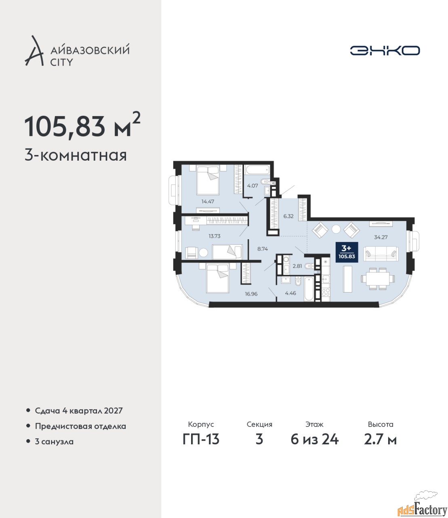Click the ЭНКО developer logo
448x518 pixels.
[385, 50]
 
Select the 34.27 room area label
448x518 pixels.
[381, 237]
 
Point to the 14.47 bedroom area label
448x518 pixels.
[208, 201]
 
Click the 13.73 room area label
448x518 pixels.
[215, 236]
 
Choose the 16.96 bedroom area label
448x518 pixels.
[251, 294]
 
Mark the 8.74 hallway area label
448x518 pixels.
[263, 249]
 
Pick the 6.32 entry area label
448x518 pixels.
[288, 216]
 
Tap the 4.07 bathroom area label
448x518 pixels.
[252, 186]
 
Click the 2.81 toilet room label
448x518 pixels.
[297, 266]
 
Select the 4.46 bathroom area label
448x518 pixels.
[290, 293]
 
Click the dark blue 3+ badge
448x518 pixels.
[347, 252]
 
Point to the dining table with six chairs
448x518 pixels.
[378, 279]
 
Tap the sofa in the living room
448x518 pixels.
[381, 254]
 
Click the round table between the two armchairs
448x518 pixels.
[336, 229]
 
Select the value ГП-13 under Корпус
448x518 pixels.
[201, 439]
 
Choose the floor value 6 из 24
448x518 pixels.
[314, 439]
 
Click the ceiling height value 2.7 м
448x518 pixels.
[380, 439]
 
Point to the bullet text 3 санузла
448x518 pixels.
[54, 442]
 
